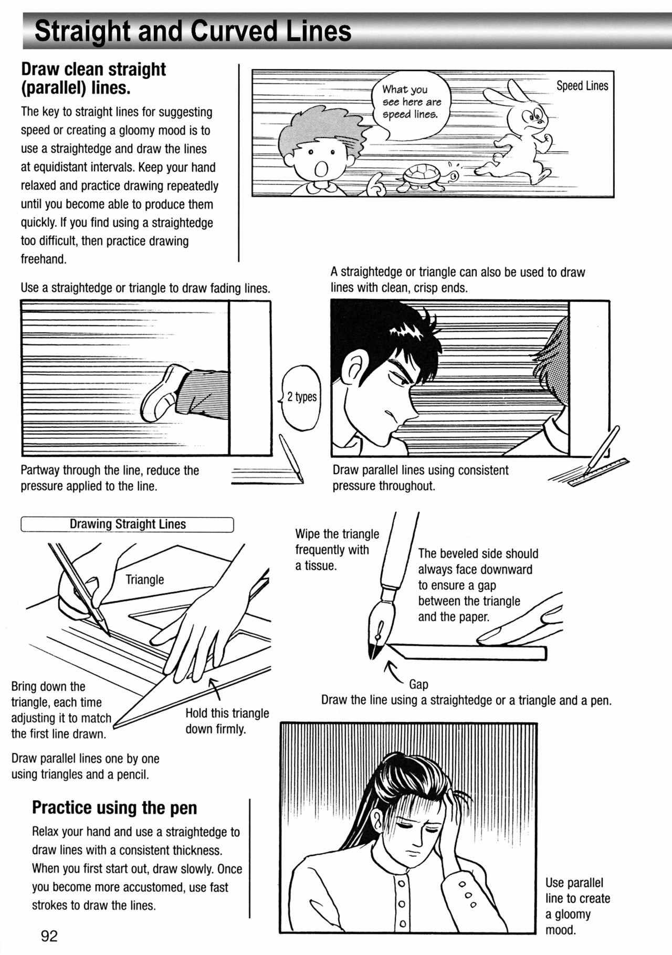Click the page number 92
click(x=49, y=936)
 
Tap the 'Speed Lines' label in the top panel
click(x=582, y=86)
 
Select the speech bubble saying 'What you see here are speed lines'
click(x=411, y=102)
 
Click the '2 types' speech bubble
click(x=301, y=397)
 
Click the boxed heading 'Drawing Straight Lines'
click(x=127, y=524)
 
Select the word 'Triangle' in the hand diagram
click(x=144, y=580)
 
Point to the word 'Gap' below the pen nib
click(x=418, y=684)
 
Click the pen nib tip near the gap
click(x=374, y=654)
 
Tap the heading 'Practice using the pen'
click(x=114, y=807)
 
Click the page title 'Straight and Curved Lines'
click(x=193, y=32)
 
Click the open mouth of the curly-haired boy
click(x=321, y=169)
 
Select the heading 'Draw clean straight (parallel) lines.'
click(x=93, y=78)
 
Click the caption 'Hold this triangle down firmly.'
click(x=227, y=721)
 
